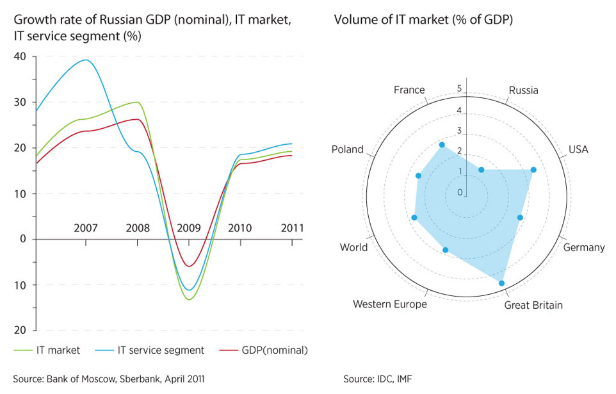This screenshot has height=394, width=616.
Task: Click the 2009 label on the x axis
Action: (x=189, y=227)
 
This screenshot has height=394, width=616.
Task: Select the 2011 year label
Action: (x=292, y=227)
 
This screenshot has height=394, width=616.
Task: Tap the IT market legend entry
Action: (x=58, y=350)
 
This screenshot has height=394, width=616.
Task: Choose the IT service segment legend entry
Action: (x=161, y=350)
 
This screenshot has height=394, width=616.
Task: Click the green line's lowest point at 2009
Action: (x=189, y=299)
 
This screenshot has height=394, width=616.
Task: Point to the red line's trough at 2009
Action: (x=189, y=266)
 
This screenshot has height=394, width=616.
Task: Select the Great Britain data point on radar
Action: (x=501, y=283)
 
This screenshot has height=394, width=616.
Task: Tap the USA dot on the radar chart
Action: (x=533, y=170)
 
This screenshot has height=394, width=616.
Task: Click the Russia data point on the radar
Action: (x=482, y=169)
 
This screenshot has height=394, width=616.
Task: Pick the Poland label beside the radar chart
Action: (x=347, y=149)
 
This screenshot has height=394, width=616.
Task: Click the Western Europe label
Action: (x=389, y=304)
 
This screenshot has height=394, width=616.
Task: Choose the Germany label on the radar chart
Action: (x=583, y=247)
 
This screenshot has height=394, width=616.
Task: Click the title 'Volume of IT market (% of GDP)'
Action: (x=423, y=20)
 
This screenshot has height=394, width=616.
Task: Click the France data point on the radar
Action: (x=442, y=145)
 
